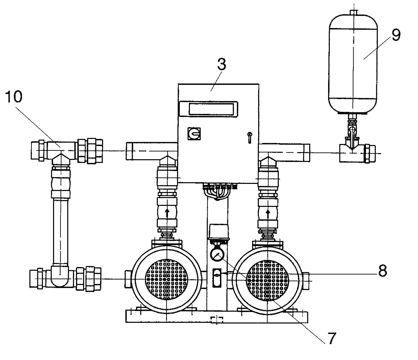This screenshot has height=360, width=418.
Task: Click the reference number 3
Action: click(222, 64)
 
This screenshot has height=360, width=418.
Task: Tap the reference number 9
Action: click(396, 34)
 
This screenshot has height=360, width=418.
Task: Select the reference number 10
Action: click(14, 97)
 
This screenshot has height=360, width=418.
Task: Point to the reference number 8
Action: click(382, 271)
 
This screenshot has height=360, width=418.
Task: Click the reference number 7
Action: click(331, 338)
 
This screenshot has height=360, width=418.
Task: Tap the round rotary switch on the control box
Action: click(194, 134)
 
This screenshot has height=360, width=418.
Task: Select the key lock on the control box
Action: click(249, 137)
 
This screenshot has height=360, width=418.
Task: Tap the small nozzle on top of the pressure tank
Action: click(353, 13)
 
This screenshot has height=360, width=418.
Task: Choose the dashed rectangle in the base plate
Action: click(217, 320)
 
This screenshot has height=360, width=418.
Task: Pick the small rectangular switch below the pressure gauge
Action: click(217, 278)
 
